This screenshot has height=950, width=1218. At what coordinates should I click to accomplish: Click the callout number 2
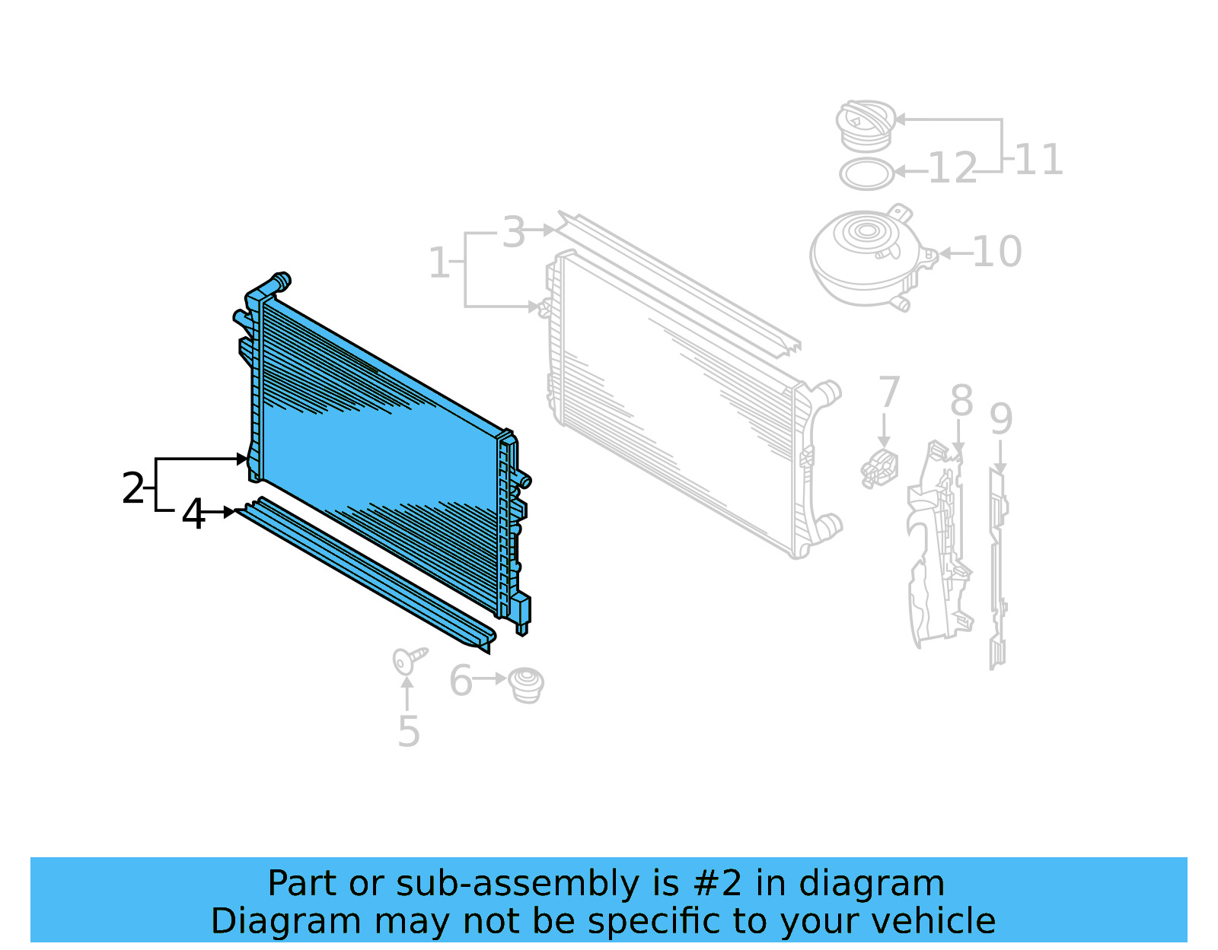[x=132, y=488]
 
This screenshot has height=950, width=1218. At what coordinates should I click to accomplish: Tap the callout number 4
[x=193, y=515]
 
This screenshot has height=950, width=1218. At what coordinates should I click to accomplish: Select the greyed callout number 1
[x=438, y=263]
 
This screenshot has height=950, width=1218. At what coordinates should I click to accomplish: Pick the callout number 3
[x=514, y=232]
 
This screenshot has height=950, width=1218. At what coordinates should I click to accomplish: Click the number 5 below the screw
[x=409, y=732]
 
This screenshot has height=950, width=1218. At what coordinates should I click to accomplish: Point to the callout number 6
[x=461, y=681]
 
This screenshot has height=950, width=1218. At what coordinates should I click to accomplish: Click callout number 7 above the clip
[x=888, y=392]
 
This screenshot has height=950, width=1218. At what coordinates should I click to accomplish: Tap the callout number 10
[x=996, y=252]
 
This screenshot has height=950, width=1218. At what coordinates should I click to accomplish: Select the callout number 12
[x=952, y=168]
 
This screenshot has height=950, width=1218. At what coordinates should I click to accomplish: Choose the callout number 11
[x=1038, y=160]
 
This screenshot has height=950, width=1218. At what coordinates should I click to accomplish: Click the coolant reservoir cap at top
[x=866, y=125]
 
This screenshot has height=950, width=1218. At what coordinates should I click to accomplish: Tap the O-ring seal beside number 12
[x=866, y=174]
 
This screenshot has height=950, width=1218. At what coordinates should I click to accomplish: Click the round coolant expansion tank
[x=868, y=256]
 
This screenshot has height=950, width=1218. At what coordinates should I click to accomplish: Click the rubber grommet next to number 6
[x=525, y=685]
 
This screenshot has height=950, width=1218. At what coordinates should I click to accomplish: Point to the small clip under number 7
[x=879, y=468]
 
